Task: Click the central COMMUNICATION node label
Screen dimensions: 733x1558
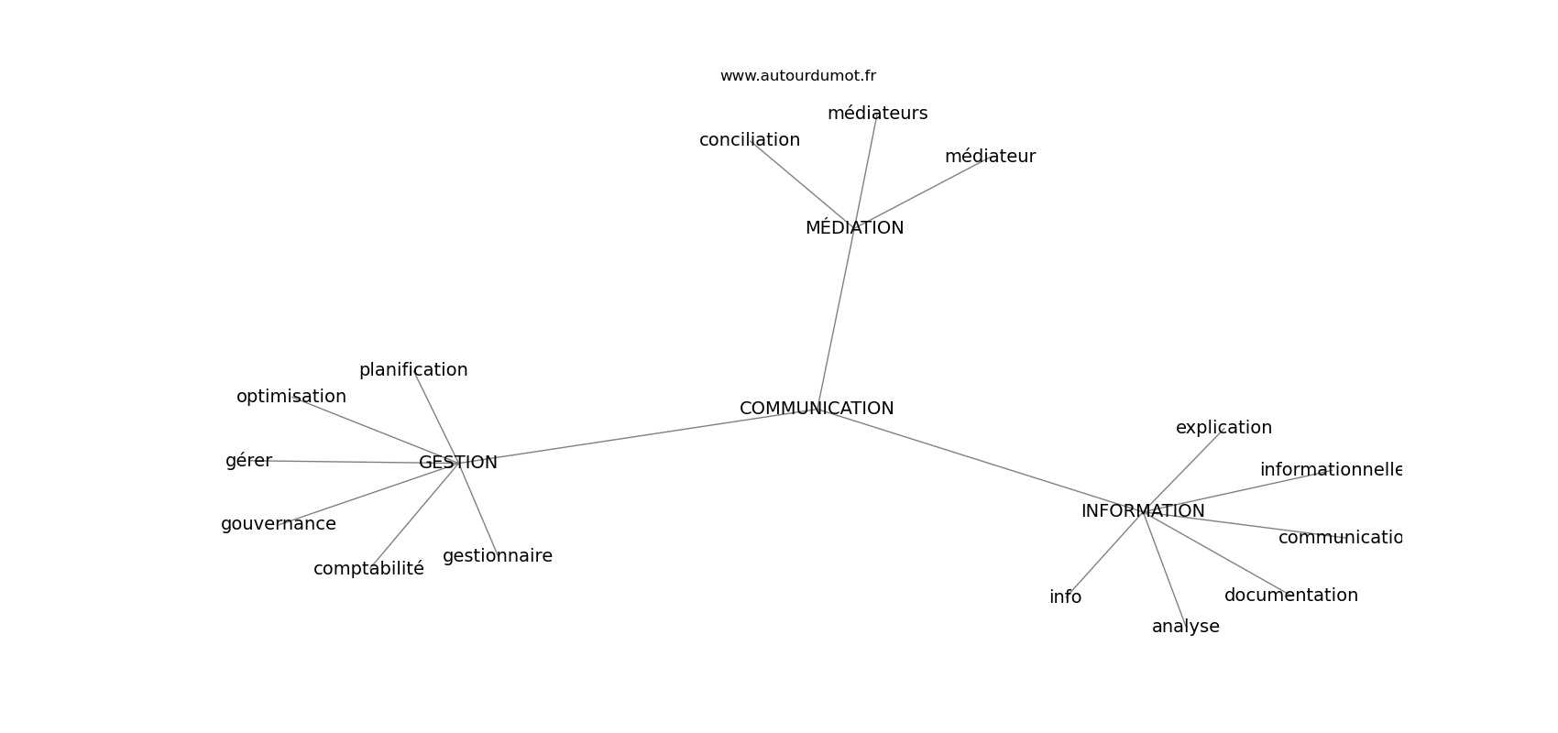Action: (x=817, y=409)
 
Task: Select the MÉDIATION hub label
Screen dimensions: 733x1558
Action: (x=854, y=228)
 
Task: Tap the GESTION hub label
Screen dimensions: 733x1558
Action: (x=458, y=463)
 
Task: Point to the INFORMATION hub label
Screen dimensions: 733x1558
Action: (x=1143, y=511)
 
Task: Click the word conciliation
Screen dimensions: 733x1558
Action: (x=750, y=140)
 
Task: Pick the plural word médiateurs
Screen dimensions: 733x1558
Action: (x=877, y=114)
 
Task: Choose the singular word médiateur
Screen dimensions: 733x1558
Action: (x=990, y=157)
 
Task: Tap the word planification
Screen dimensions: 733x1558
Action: (x=413, y=370)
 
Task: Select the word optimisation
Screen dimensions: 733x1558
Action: (x=291, y=397)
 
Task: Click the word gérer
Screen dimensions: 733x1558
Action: (x=248, y=461)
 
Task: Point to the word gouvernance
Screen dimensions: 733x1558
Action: (x=279, y=524)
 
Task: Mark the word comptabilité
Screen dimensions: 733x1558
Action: (x=368, y=569)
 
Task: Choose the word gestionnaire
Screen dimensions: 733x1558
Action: (x=498, y=556)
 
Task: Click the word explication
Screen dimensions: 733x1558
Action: (x=1223, y=428)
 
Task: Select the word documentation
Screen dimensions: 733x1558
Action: (x=1290, y=596)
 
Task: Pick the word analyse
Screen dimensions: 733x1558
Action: (x=1185, y=627)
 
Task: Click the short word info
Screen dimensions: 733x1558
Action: (x=1065, y=597)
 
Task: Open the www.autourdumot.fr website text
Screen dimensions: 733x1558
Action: (x=797, y=76)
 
